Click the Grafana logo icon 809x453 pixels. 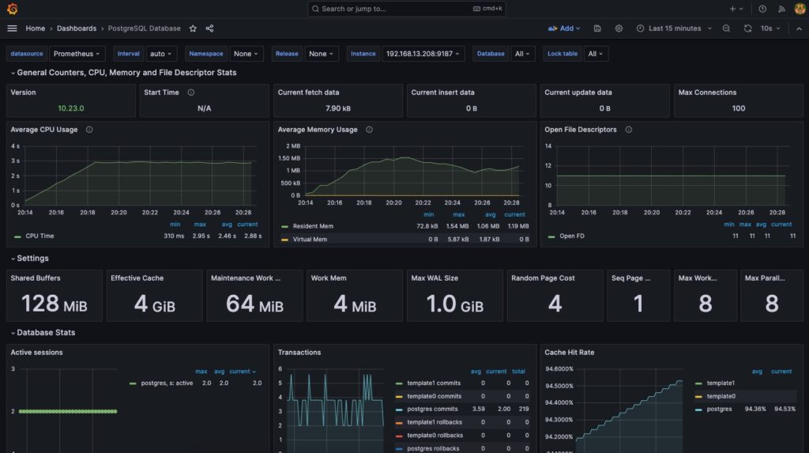click(x=13, y=9)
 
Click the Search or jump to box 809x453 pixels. click(x=407, y=9)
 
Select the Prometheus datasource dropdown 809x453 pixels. click(x=77, y=54)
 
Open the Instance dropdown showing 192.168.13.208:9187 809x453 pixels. click(x=423, y=54)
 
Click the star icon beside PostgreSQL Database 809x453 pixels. click(x=193, y=28)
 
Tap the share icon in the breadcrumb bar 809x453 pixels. click(x=209, y=28)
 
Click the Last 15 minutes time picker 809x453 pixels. click(x=675, y=28)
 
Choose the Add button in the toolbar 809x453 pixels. click(x=564, y=28)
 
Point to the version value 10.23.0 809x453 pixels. click(x=70, y=108)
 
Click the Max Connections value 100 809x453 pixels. click(x=739, y=108)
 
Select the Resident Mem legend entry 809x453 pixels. click(x=313, y=226)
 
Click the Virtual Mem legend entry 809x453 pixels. click(x=310, y=240)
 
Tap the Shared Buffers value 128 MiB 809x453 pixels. click(x=55, y=304)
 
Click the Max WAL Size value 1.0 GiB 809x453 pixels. click(x=454, y=304)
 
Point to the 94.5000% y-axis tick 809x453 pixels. click(x=559, y=386)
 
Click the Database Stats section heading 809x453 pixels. click(x=46, y=333)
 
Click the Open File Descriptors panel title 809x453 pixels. click(x=581, y=130)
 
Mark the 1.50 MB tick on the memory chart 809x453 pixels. click(x=289, y=159)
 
